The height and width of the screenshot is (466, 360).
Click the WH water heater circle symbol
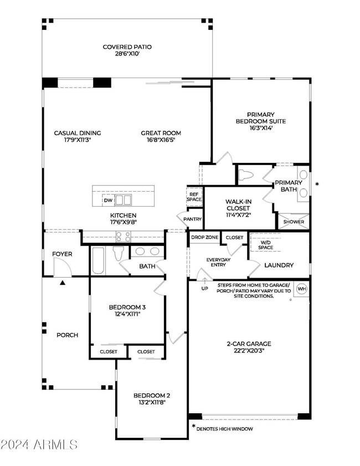click(x=302, y=289)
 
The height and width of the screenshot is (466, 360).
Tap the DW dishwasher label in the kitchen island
click(x=108, y=201)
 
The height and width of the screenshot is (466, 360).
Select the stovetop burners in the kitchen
click(x=124, y=237)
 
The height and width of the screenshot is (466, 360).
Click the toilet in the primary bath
click(x=246, y=175)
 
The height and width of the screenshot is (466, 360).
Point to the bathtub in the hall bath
click(x=99, y=260)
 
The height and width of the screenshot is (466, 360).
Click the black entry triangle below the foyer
click(x=63, y=283)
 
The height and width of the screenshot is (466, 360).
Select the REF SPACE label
click(x=194, y=197)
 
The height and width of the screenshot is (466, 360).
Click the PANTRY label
click(x=193, y=219)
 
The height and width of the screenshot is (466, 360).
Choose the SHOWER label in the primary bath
click(x=294, y=222)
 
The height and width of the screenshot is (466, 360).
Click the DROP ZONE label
click(x=205, y=237)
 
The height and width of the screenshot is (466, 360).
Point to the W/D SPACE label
click(x=265, y=245)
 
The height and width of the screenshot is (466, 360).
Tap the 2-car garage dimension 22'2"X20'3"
click(x=249, y=351)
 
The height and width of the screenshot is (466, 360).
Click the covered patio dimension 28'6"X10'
click(x=127, y=54)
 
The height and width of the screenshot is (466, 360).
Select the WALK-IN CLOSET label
click(x=238, y=205)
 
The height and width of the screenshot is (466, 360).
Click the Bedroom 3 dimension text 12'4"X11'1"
click(x=127, y=314)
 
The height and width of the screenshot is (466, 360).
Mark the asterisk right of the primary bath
click(x=317, y=185)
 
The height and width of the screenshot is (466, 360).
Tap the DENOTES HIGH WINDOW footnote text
click(x=224, y=429)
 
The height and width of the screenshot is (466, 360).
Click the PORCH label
click(x=68, y=335)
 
